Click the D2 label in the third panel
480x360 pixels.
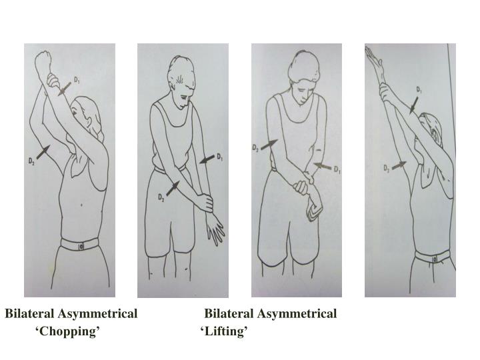coord(256,147)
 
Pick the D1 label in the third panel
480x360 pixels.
coord(337,169)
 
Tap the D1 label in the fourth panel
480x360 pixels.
coord(419,89)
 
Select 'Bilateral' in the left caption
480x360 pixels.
coord(30,313)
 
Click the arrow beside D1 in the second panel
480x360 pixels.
coord(207,161)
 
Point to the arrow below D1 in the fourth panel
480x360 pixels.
coord(415,103)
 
